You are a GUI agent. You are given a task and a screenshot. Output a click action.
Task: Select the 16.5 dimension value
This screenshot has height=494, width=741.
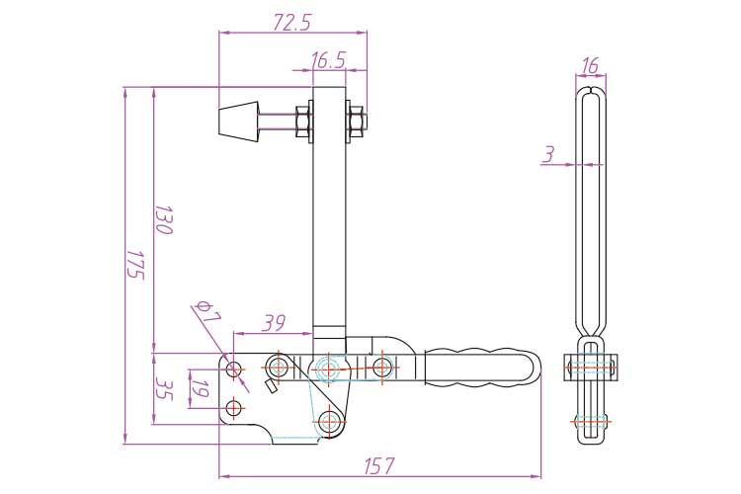[327, 60]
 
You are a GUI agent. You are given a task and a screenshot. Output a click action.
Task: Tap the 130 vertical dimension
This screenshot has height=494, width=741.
[165, 219]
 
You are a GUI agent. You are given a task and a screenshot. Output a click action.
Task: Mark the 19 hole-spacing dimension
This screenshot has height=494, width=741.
[198, 388]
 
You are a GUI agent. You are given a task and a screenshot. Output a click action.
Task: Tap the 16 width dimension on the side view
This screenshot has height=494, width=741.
[590, 66]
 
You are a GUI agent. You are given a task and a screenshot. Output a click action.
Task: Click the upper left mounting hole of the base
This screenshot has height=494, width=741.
[234, 370]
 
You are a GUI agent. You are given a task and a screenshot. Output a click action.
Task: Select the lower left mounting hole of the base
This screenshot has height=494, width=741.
[234, 407]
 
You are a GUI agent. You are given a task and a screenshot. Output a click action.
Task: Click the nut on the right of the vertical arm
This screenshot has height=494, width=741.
[355, 123]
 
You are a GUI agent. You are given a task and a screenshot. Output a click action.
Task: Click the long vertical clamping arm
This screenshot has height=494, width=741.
[329, 227]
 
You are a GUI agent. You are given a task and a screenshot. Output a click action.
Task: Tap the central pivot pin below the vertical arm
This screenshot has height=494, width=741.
[329, 369]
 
